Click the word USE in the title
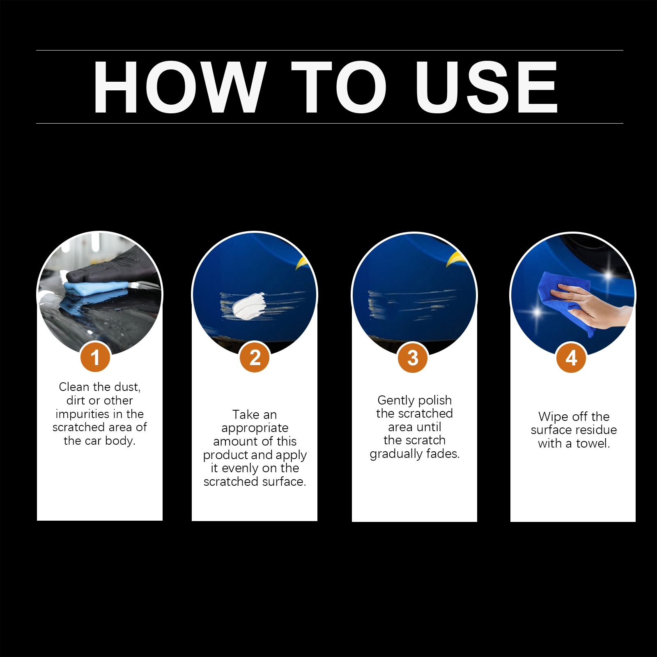coord(487,87)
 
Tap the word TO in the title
coord(339,87)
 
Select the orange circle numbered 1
coord(95,357)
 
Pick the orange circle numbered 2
coord(255,357)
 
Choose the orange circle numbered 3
coord(413,357)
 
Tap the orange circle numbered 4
coord(571,357)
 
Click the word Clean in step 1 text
coord(74,387)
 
